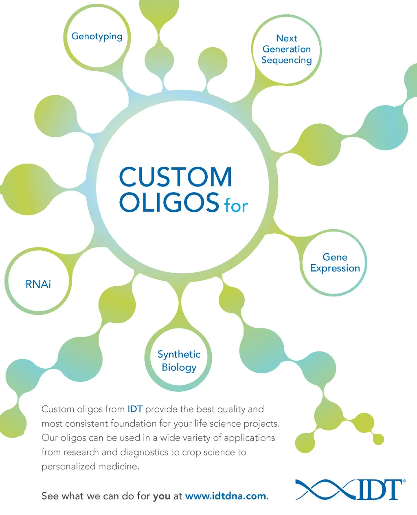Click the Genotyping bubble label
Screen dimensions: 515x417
point(97,37)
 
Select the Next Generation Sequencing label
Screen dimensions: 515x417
point(287,49)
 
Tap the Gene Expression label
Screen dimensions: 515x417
point(335,263)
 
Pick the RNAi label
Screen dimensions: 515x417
point(38,284)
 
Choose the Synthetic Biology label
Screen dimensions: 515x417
point(179,361)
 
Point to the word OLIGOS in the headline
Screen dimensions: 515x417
point(169,202)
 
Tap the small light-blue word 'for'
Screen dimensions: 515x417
point(236,206)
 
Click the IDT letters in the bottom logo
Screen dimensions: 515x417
point(378,490)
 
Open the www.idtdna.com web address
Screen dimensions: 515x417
point(226,496)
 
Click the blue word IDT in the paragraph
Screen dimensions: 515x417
point(135,409)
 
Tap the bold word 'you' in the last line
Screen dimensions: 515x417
point(162,497)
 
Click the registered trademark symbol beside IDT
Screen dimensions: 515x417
point(404,481)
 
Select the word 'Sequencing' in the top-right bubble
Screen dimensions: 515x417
point(287,60)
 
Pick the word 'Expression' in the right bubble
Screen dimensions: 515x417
point(335,268)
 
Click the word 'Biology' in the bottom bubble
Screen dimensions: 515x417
point(179,367)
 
